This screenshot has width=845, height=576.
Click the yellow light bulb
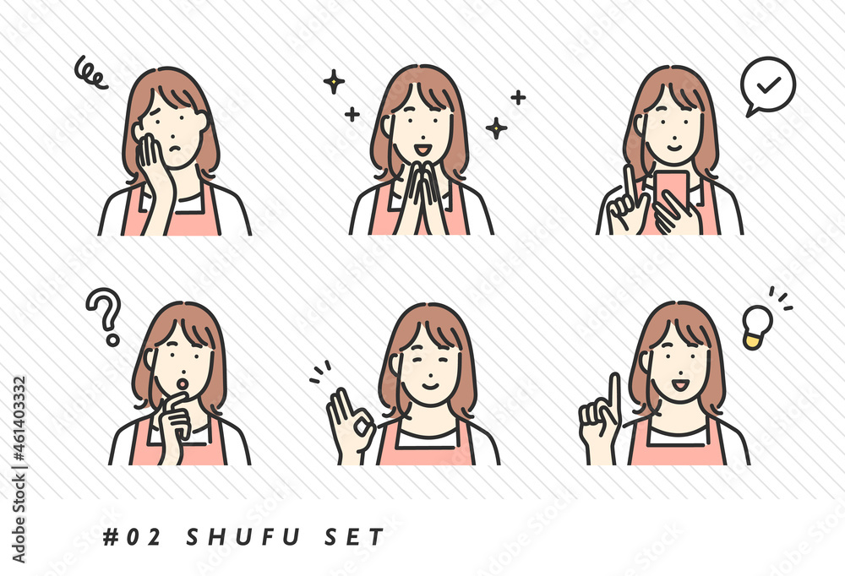756,327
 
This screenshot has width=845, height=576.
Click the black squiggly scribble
90,72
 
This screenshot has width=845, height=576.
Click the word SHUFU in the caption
243,537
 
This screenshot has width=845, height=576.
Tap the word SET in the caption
354,537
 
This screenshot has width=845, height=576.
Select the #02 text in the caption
132,537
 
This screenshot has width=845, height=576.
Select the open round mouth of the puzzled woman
183,383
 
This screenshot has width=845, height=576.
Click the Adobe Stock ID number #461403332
19,419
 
